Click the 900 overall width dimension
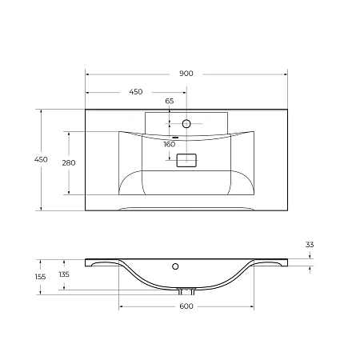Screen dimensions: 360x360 (186, 73)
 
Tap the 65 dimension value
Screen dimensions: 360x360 (170, 101)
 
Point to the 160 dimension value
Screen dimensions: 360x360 (170, 145)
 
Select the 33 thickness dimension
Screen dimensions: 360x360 (310, 243)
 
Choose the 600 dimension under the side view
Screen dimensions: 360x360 (186, 307)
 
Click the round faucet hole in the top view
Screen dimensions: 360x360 (186, 124)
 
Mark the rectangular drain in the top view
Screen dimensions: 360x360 (186, 160)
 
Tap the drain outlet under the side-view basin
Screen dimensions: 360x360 (186, 290)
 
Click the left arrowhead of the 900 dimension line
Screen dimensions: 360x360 (87, 74)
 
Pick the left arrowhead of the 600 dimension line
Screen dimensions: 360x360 (121, 307)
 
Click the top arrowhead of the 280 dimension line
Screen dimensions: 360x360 (69, 133)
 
